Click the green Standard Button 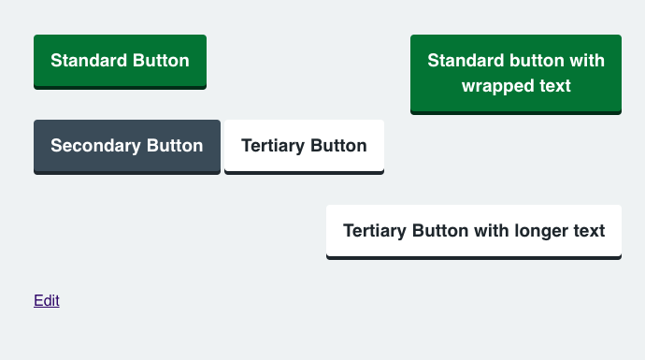120,62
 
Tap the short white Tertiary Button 304,147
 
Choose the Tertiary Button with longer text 474,232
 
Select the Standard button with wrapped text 516,75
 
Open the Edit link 47,301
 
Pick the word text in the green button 555,86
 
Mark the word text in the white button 589,231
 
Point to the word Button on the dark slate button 175,146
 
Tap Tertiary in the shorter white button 273,146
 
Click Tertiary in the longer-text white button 375,231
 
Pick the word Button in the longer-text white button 440,231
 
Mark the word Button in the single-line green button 161,61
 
